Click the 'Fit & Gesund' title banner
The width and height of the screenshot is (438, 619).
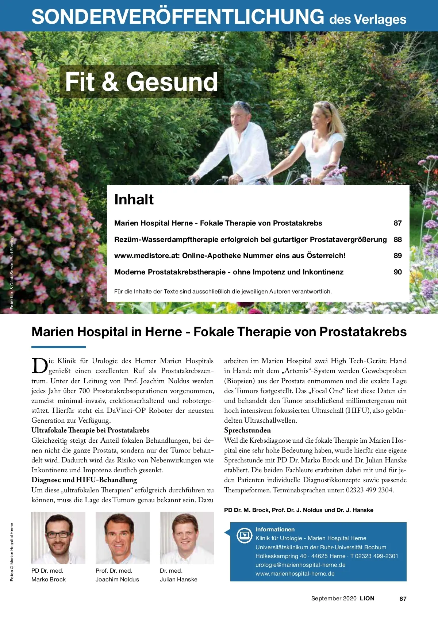coord(142,82)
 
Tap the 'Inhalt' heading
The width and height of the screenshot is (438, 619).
coord(134,200)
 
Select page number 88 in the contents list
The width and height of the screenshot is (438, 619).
coord(397,239)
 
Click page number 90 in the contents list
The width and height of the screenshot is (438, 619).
coord(397,272)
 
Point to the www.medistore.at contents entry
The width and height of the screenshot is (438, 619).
coord(230,255)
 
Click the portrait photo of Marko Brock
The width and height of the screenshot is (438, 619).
coord(58,538)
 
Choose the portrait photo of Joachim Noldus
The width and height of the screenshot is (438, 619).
coord(123,538)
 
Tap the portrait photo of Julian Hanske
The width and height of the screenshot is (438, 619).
coord(187,538)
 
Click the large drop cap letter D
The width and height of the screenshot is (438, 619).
coord(39,366)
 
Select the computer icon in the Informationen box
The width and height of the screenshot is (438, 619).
coord(244,536)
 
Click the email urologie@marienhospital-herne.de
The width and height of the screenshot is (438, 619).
coord(300,565)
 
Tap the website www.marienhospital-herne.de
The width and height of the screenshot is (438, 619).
coord(295,573)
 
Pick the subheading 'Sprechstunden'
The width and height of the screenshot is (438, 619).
coord(247,430)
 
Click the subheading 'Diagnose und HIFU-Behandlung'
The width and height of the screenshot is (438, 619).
coord(84,480)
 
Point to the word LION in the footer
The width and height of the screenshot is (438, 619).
coord(367,598)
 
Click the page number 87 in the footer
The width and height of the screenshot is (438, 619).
coord(403,599)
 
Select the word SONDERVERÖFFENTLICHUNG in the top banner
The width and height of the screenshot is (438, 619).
coord(178,17)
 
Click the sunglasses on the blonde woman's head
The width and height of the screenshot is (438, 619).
coord(326,106)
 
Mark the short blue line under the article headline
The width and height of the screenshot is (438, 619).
coord(58,347)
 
